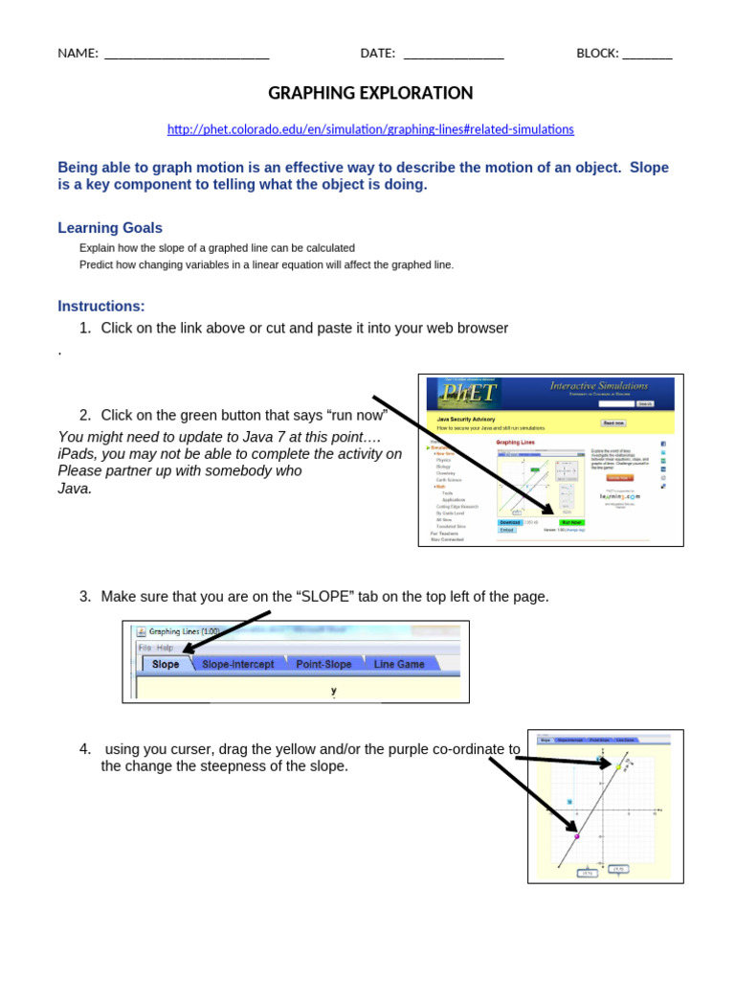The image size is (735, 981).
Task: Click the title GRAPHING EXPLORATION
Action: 370,93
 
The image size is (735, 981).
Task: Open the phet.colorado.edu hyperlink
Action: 370,128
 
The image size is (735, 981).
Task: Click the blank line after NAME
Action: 186,54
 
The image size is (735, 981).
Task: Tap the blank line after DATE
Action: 454,54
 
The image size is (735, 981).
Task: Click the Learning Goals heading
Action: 110,228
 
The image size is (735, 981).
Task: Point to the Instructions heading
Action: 101,307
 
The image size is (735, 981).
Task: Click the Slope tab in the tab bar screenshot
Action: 166,664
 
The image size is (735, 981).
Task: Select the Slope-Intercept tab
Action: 237,664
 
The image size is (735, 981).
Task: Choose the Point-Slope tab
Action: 323,664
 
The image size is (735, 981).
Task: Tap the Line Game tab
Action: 398,664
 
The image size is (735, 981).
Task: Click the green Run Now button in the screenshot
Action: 571,522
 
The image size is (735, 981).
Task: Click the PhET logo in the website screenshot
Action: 469,392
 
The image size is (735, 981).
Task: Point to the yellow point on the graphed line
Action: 618,767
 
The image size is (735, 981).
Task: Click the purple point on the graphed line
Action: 576,836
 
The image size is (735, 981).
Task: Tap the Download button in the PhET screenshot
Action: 509,522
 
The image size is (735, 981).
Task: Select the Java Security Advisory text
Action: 466,419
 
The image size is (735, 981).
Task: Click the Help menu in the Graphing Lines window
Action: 166,648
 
